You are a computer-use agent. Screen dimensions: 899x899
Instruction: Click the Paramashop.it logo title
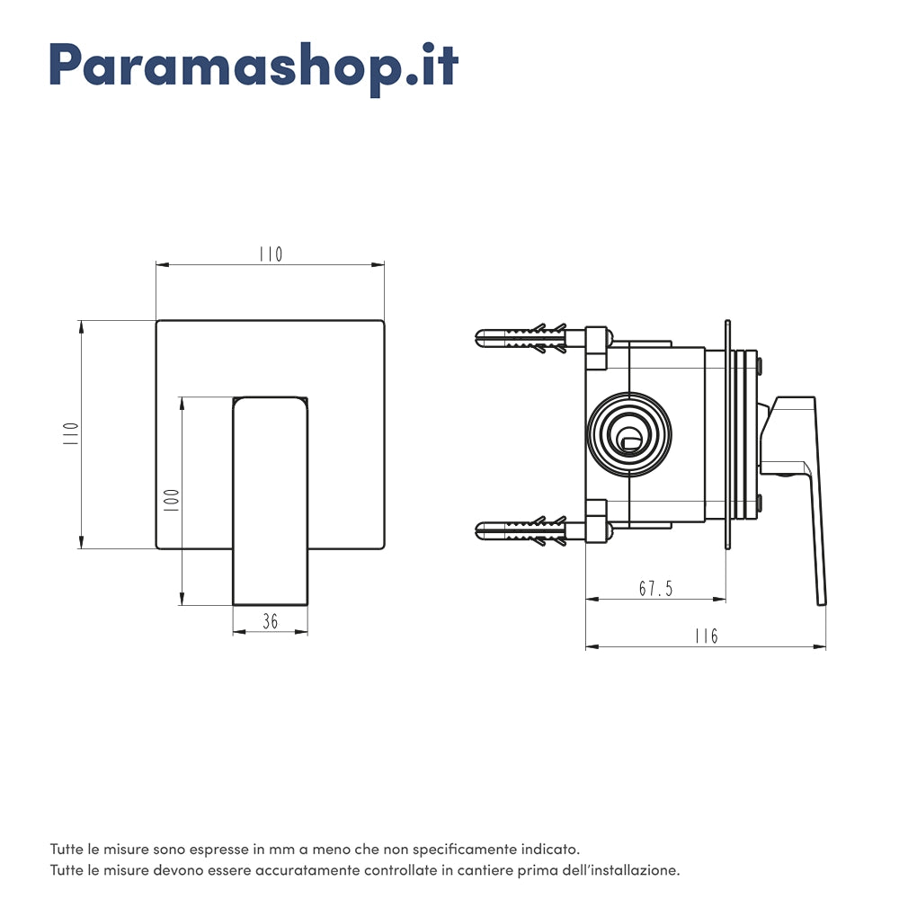click(x=254, y=65)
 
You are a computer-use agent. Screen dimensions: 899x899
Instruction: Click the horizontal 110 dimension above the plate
click(x=270, y=254)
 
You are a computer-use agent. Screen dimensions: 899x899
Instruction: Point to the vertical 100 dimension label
click(x=172, y=500)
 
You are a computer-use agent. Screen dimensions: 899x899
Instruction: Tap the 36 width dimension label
click(x=270, y=621)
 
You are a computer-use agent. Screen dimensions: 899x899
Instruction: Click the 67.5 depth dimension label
click(x=655, y=589)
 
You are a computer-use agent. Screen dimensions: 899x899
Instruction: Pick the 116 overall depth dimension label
click(x=707, y=636)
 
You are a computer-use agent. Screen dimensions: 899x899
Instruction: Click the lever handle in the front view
click(x=270, y=500)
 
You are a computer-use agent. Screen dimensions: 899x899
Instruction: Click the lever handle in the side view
click(x=805, y=485)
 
